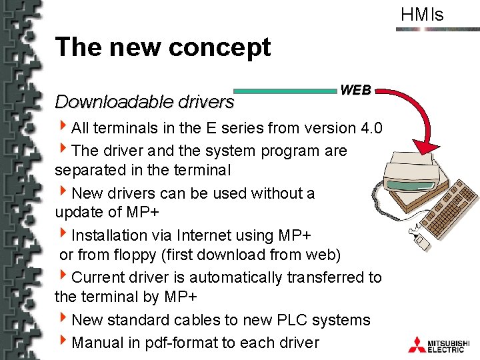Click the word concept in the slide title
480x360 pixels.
[x=220, y=47]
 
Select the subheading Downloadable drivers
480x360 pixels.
[x=145, y=102]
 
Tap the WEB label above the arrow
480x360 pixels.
[x=356, y=89]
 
